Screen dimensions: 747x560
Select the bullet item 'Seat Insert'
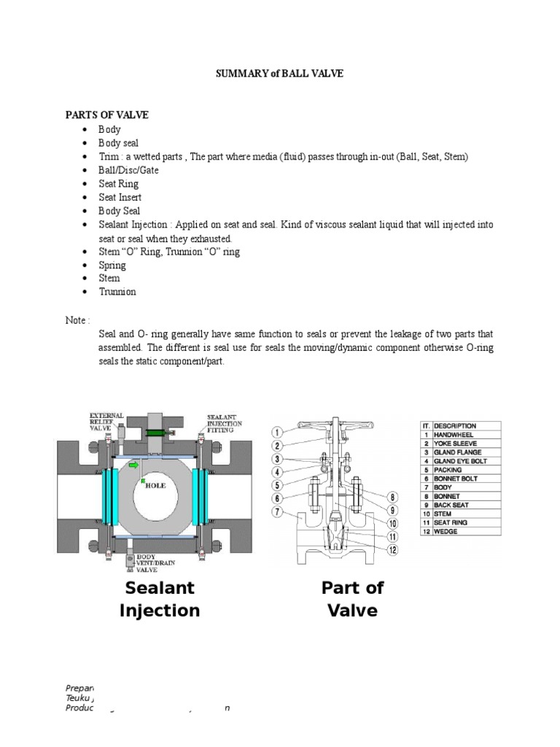click(x=120, y=197)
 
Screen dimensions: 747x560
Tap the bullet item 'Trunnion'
click(x=117, y=292)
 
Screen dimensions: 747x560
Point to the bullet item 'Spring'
click(x=112, y=265)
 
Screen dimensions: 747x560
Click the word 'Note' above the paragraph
click(x=77, y=320)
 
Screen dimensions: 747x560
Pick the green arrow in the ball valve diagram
click(x=133, y=464)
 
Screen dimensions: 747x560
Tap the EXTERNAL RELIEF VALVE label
click(x=107, y=421)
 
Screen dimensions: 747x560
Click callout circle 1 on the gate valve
click(x=277, y=431)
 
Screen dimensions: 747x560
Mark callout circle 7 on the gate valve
click(x=277, y=511)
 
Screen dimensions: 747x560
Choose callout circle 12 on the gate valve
click(x=393, y=549)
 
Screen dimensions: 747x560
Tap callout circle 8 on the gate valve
click(x=392, y=497)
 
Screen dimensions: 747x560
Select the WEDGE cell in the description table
click(x=446, y=531)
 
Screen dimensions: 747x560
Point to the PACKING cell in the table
click(x=449, y=470)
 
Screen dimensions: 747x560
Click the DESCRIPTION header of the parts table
click(x=455, y=425)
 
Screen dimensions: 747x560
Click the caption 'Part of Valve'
click(x=352, y=599)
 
